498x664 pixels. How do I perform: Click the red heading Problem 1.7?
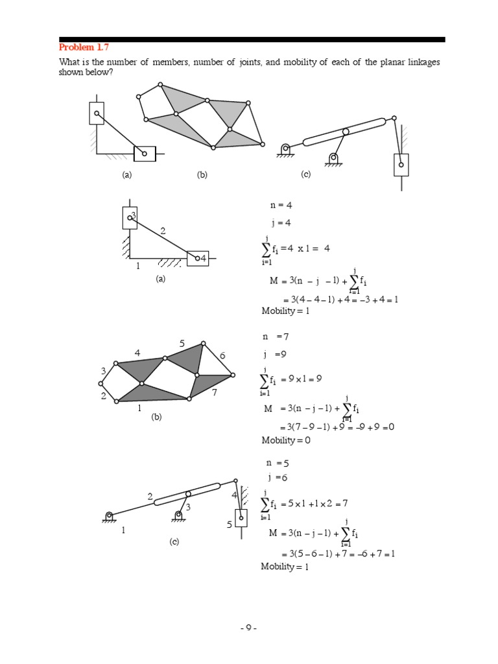tap(84, 47)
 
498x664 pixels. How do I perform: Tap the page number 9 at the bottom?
tap(248, 628)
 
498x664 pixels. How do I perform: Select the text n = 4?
tap(281, 206)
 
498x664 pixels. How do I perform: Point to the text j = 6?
tap(276, 478)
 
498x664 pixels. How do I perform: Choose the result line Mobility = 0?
tap(286, 440)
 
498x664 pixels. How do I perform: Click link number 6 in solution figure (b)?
tap(222, 356)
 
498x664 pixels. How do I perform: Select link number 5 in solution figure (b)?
tap(182, 343)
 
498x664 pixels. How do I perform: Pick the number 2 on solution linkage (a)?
tap(163, 231)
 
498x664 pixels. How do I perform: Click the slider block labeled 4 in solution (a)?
tap(198, 258)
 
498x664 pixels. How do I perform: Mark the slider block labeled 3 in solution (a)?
tap(130, 217)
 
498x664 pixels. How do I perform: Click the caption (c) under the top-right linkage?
tap(307, 174)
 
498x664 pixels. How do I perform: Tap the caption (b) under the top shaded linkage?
tap(202, 174)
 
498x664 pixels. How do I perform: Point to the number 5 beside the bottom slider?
tap(230, 525)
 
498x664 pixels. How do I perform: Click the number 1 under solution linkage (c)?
tap(123, 530)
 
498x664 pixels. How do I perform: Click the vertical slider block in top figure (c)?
tap(401, 165)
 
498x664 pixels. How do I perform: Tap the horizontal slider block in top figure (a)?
tap(145, 154)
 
